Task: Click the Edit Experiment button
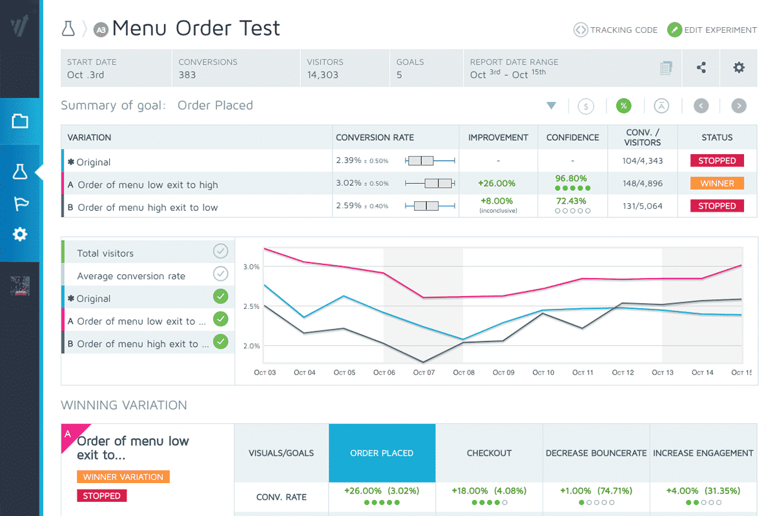(x=712, y=30)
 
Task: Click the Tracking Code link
(x=615, y=30)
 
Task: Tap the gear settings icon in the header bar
(x=739, y=68)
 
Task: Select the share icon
(x=701, y=68)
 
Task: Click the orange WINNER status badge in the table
(x=717, y=183)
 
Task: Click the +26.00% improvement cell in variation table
(x=497, y=184)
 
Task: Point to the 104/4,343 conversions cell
(x=642, y=161)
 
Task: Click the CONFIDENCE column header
(x=572, y=137)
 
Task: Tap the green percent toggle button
(x=623, y=106)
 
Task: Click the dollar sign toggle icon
(x=586, y=106)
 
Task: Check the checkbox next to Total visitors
(x=221, y=252)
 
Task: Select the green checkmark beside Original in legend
(x=221, y=297)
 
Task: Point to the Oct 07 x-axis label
(x=424, y=373)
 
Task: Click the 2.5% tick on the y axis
(x=252, y=306)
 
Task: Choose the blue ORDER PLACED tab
(x=382, y=453)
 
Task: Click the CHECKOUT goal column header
(x=489, y=453)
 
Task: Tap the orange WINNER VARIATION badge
(x=123, y=477)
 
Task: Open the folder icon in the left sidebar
(x=20, y=121)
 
